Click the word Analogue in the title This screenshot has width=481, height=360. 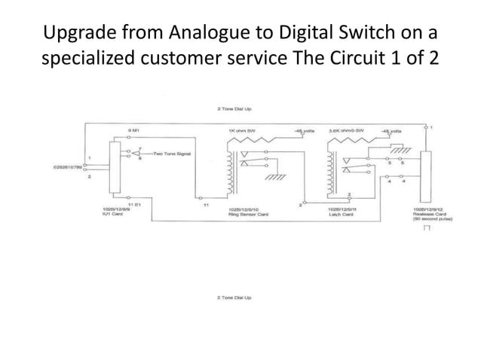[197, 34]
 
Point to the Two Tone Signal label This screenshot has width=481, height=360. [173, 153]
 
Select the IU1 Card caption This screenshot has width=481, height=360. [112, 214]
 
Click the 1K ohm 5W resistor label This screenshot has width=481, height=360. [242, 130]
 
